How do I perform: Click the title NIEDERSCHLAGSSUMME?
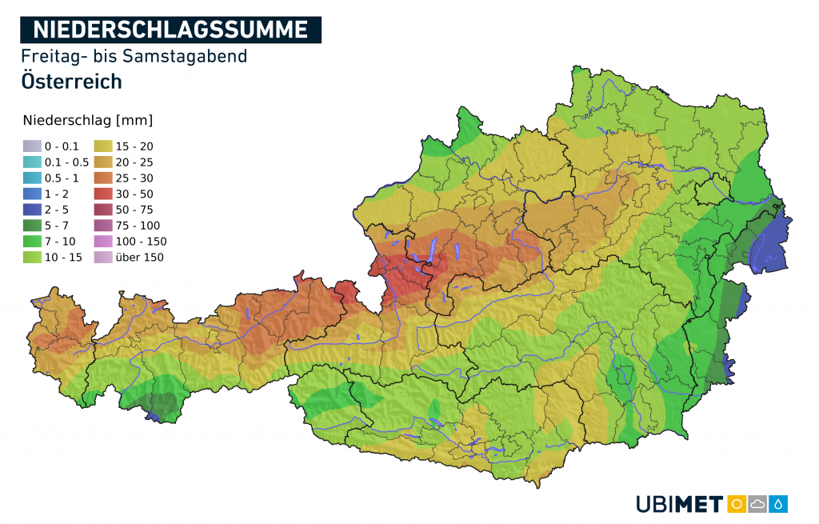click(171, 30)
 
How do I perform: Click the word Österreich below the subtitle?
click(72, 81)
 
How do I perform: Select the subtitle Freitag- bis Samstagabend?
click(134, 56)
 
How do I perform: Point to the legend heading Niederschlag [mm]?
click(88, 121)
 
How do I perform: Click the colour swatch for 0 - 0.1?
click(31, 146)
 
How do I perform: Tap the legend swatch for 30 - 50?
click(104, 194)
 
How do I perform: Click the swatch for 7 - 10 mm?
click(31, 242)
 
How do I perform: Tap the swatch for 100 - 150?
click(104, 242)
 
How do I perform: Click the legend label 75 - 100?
click(138, 226)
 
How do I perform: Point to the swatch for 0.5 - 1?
click(31, 178)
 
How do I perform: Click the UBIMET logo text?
click(679, 504)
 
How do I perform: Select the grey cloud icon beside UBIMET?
click(757, 504)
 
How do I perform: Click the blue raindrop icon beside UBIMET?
click(778, 504)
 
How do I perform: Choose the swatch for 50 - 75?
click(104, 210)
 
